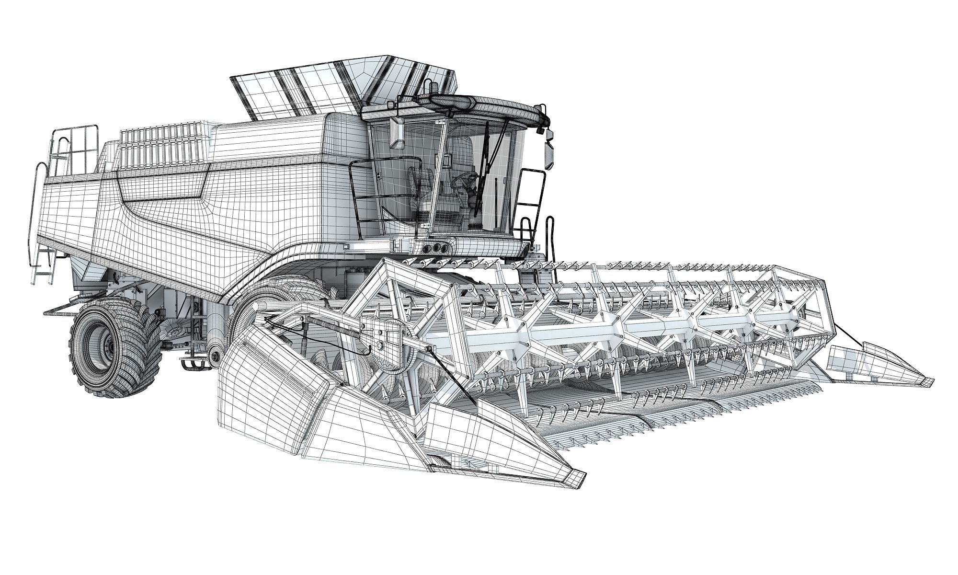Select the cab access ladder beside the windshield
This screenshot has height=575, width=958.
pyautogui.click(x=531, y=201)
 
